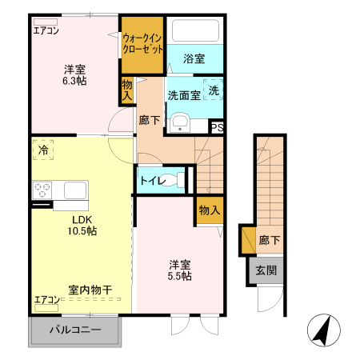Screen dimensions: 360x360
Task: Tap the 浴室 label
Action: [194, 58]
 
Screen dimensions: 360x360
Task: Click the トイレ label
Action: [154, 181]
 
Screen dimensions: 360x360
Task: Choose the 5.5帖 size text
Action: [180, 276]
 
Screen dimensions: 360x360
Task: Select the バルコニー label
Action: [75, 330]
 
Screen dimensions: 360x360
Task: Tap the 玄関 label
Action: [266, 270]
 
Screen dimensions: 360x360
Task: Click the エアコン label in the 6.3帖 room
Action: [46, 31]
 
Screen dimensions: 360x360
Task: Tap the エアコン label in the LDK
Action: [46, 300]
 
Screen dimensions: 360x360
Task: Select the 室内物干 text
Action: [89, 290]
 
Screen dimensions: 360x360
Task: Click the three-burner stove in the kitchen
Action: [42, 190]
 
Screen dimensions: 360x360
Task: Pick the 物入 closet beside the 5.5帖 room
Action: [209, 210]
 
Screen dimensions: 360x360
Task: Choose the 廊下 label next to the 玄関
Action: [269, 239]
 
